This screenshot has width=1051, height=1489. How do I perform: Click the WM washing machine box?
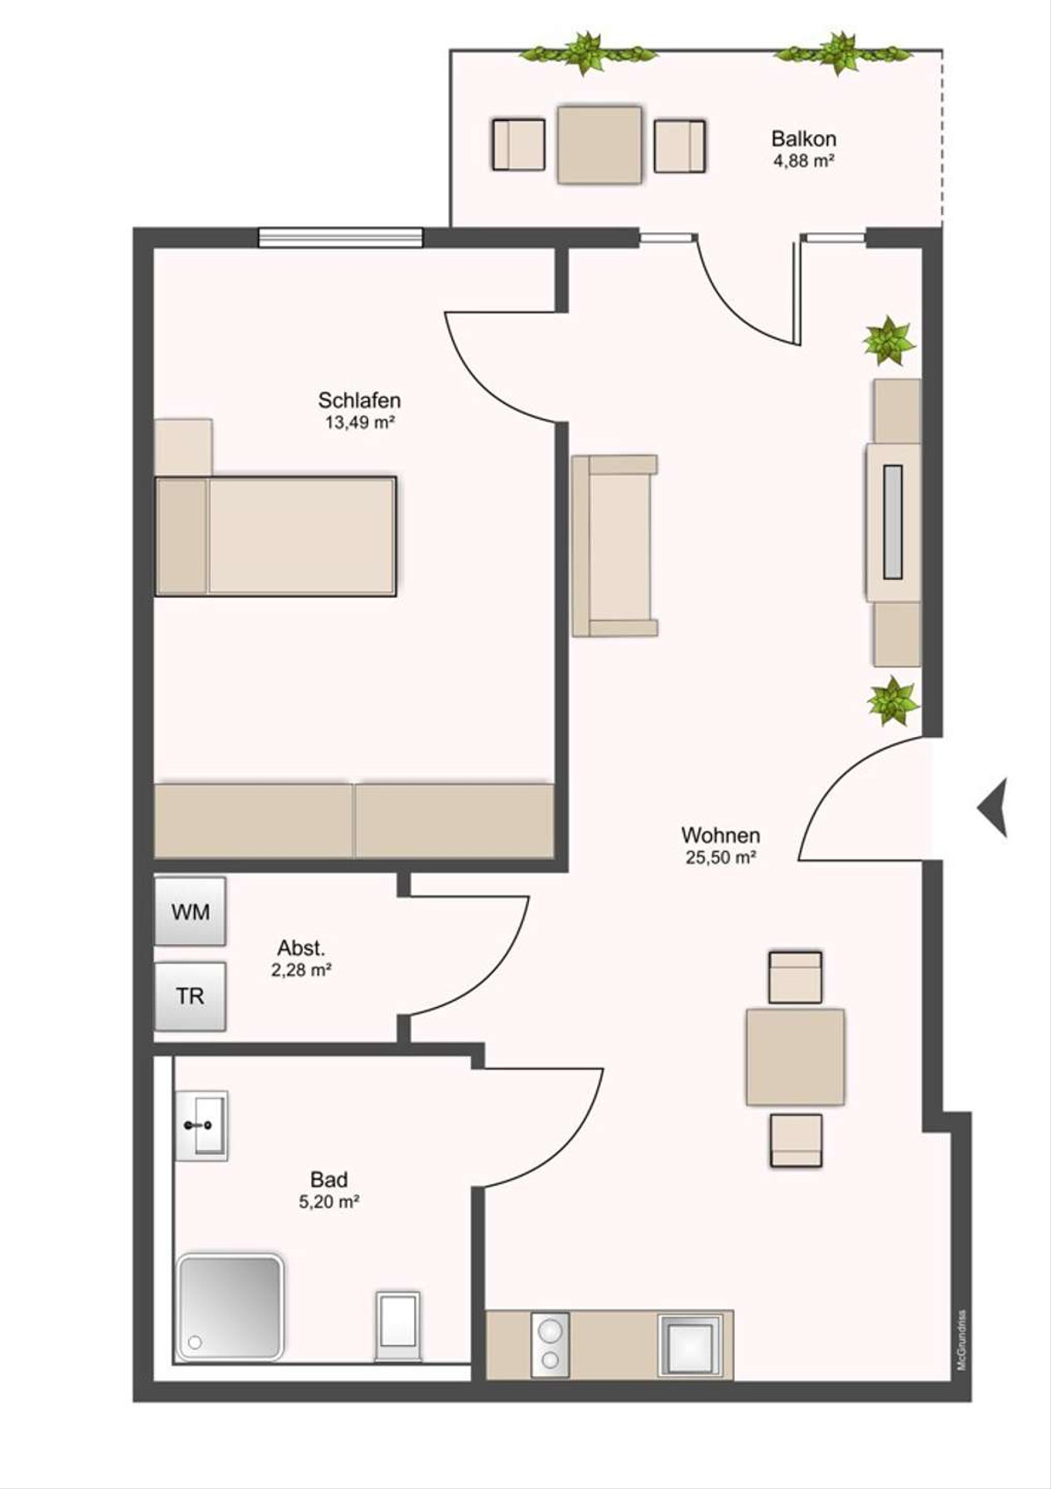click(x=190, y=911)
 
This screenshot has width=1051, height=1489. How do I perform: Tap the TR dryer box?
click(x=190, y=996)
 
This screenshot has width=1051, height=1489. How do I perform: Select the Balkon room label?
click(x=803, y=139)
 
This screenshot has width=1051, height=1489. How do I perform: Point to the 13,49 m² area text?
click(x=360, y=422)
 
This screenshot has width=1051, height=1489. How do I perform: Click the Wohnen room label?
click(x=721, y=834)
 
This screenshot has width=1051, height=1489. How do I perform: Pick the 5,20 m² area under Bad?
click(x=329, y=1202)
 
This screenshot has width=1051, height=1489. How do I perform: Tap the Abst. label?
click(x=301, y=947)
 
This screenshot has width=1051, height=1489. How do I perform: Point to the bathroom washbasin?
click(x=201, y=1125)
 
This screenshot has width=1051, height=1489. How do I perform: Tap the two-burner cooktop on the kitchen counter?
click(x=550, y=1344)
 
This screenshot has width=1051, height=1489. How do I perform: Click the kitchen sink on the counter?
click(x=690, y=1344)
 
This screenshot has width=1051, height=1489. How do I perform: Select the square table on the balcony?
click(x=600, y=145)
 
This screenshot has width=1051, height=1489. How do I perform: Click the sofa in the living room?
click(x=615, y=546)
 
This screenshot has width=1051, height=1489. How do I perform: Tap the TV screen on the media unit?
click(x=892, y=521)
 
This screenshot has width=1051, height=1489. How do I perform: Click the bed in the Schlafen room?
click(x=276, y=535)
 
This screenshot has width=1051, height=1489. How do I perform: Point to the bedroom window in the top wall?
click(x=340, y=238)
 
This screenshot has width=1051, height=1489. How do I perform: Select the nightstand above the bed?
click(x=183, y=447)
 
